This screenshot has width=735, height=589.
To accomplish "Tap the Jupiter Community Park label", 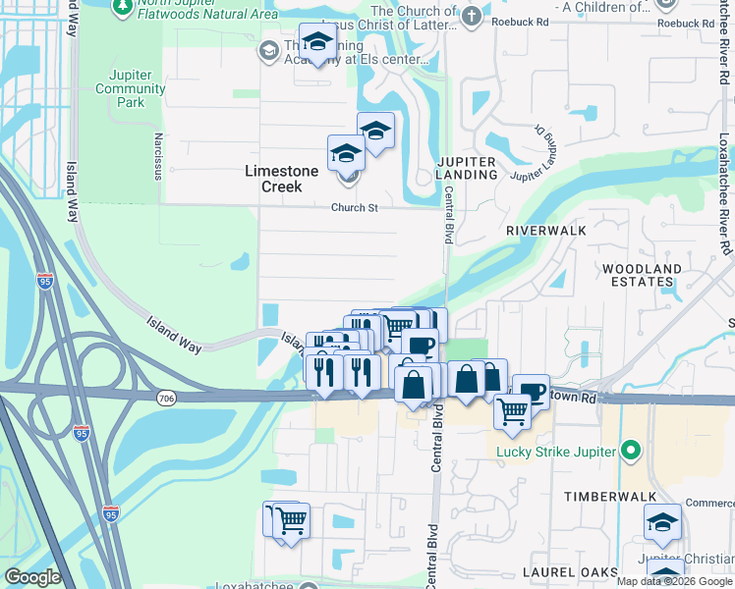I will coord(131,88).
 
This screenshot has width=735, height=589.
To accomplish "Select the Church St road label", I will coord(354,208).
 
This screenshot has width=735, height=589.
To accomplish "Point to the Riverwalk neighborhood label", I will coord(545,230).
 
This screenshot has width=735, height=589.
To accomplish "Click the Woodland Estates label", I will coord(642,275).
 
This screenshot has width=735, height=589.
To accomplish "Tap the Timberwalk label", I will coord(604,498).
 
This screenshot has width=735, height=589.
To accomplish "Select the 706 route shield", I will coord(165,397).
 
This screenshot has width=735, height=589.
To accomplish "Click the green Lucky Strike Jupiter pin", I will coord(630,452).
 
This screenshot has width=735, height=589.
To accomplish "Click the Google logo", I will coord(32,577).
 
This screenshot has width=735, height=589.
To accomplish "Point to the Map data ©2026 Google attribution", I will coord(673,581).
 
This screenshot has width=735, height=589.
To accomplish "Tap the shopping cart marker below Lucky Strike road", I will coord(512,410).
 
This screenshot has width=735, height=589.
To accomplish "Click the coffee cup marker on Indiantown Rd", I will coord(532,391).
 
